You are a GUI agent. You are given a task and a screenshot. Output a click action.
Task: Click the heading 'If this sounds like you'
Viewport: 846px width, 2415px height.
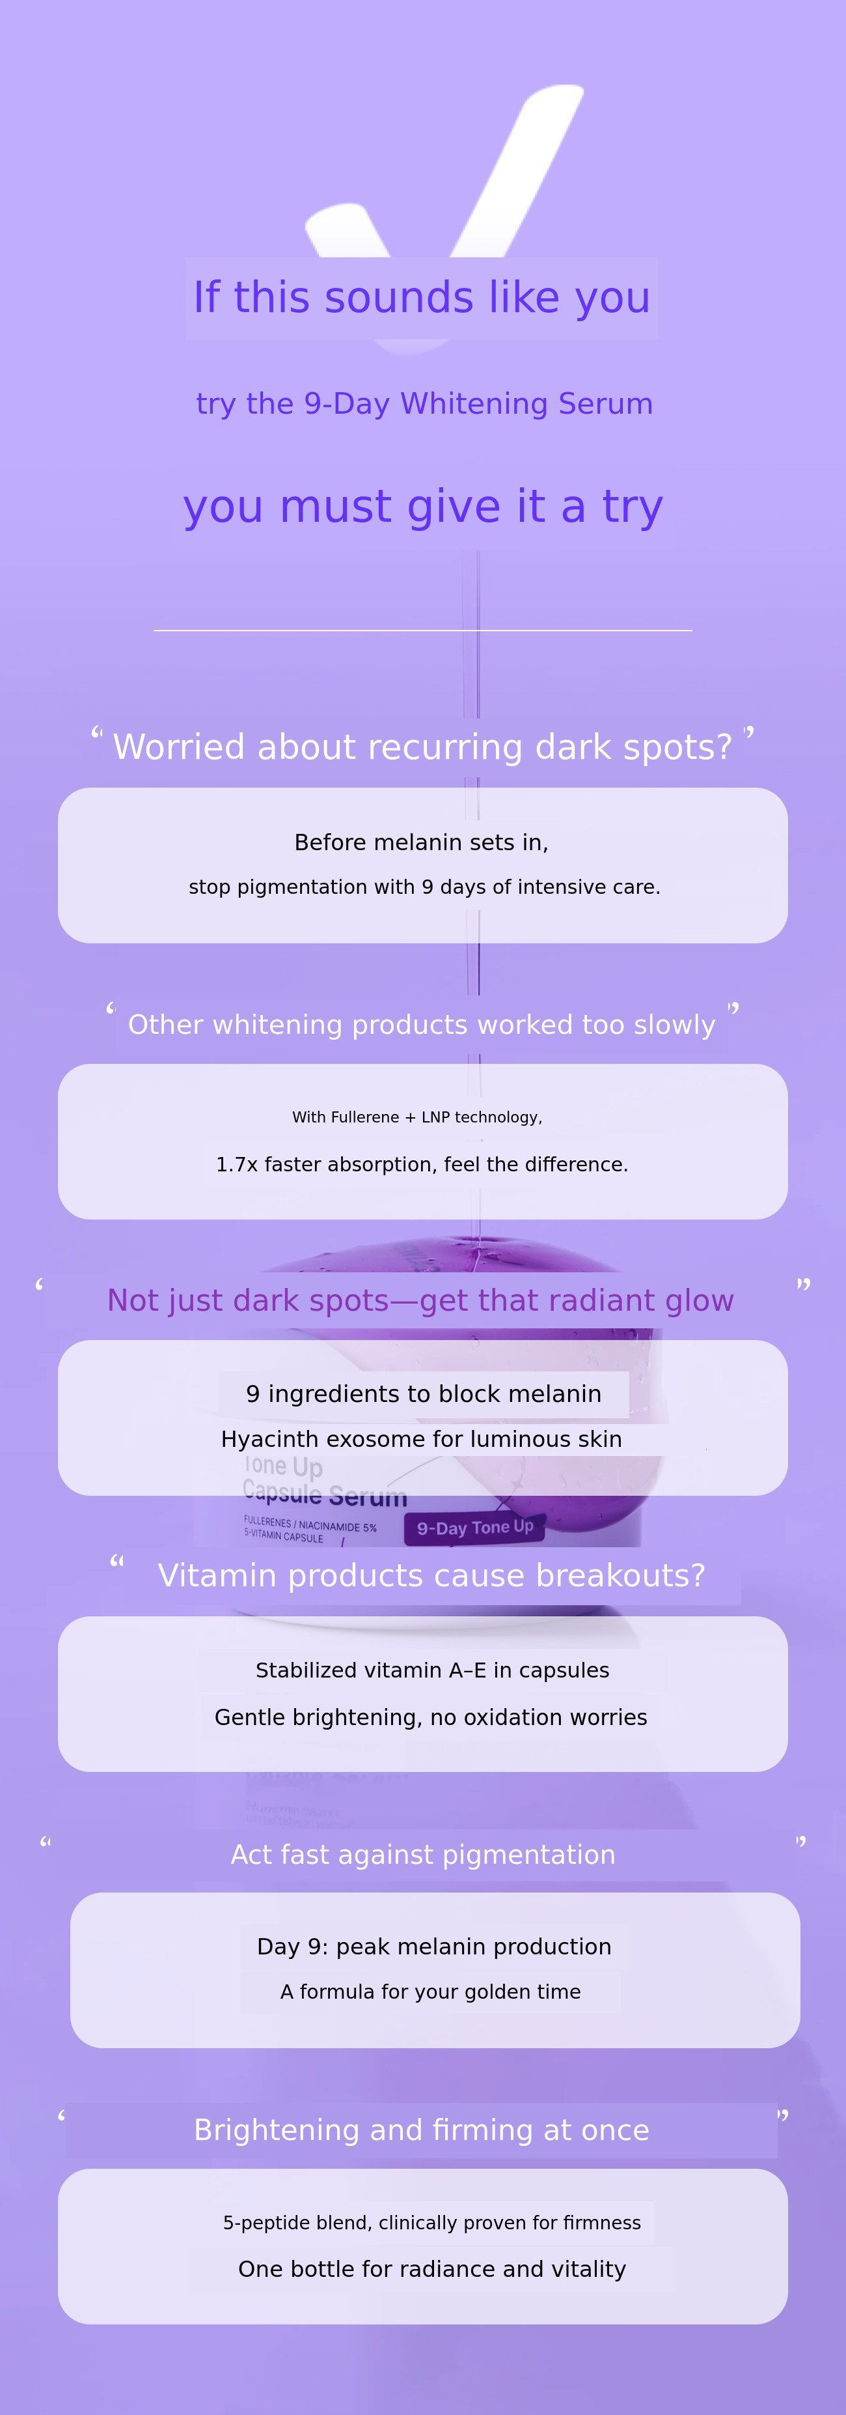(422, 298)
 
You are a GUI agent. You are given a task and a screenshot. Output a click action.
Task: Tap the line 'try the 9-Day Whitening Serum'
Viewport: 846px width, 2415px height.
(424, 404)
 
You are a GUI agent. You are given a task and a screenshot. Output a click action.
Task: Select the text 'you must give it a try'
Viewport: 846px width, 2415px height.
(422, 507)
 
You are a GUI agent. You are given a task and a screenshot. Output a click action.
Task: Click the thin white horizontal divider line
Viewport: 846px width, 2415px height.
(422, 631)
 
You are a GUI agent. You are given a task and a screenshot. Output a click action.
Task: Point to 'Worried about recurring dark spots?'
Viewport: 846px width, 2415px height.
(422, 747)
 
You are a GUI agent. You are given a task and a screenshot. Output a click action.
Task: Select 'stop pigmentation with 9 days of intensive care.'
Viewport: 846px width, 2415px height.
(424, 887)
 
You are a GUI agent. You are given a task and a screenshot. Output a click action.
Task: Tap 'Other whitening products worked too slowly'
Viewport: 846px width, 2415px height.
(422, 1025)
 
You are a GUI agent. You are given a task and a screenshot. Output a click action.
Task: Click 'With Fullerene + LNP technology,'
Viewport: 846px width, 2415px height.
(417, 1117)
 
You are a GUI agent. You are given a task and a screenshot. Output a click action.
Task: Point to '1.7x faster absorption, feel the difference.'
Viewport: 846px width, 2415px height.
(422, 1164)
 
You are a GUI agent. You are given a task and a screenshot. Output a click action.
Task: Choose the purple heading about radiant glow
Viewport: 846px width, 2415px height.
(420, 1300)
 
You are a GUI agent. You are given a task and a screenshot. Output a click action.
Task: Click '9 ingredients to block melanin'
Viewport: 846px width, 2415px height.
(424, 1394)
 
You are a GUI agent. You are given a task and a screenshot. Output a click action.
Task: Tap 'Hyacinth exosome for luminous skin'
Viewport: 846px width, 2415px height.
(422, 1440)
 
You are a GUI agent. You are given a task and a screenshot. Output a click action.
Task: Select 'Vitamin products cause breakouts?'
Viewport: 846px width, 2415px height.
(431, 1576)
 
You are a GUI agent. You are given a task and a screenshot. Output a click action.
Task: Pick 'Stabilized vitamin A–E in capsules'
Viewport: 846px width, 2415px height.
(432, 1670)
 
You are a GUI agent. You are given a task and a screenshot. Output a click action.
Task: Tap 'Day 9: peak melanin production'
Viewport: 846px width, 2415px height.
(434, 1947)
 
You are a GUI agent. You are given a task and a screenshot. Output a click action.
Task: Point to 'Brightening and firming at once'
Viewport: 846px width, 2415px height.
(422, 2131)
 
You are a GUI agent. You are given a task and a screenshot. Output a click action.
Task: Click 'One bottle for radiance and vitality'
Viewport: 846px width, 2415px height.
(432, 2270)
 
